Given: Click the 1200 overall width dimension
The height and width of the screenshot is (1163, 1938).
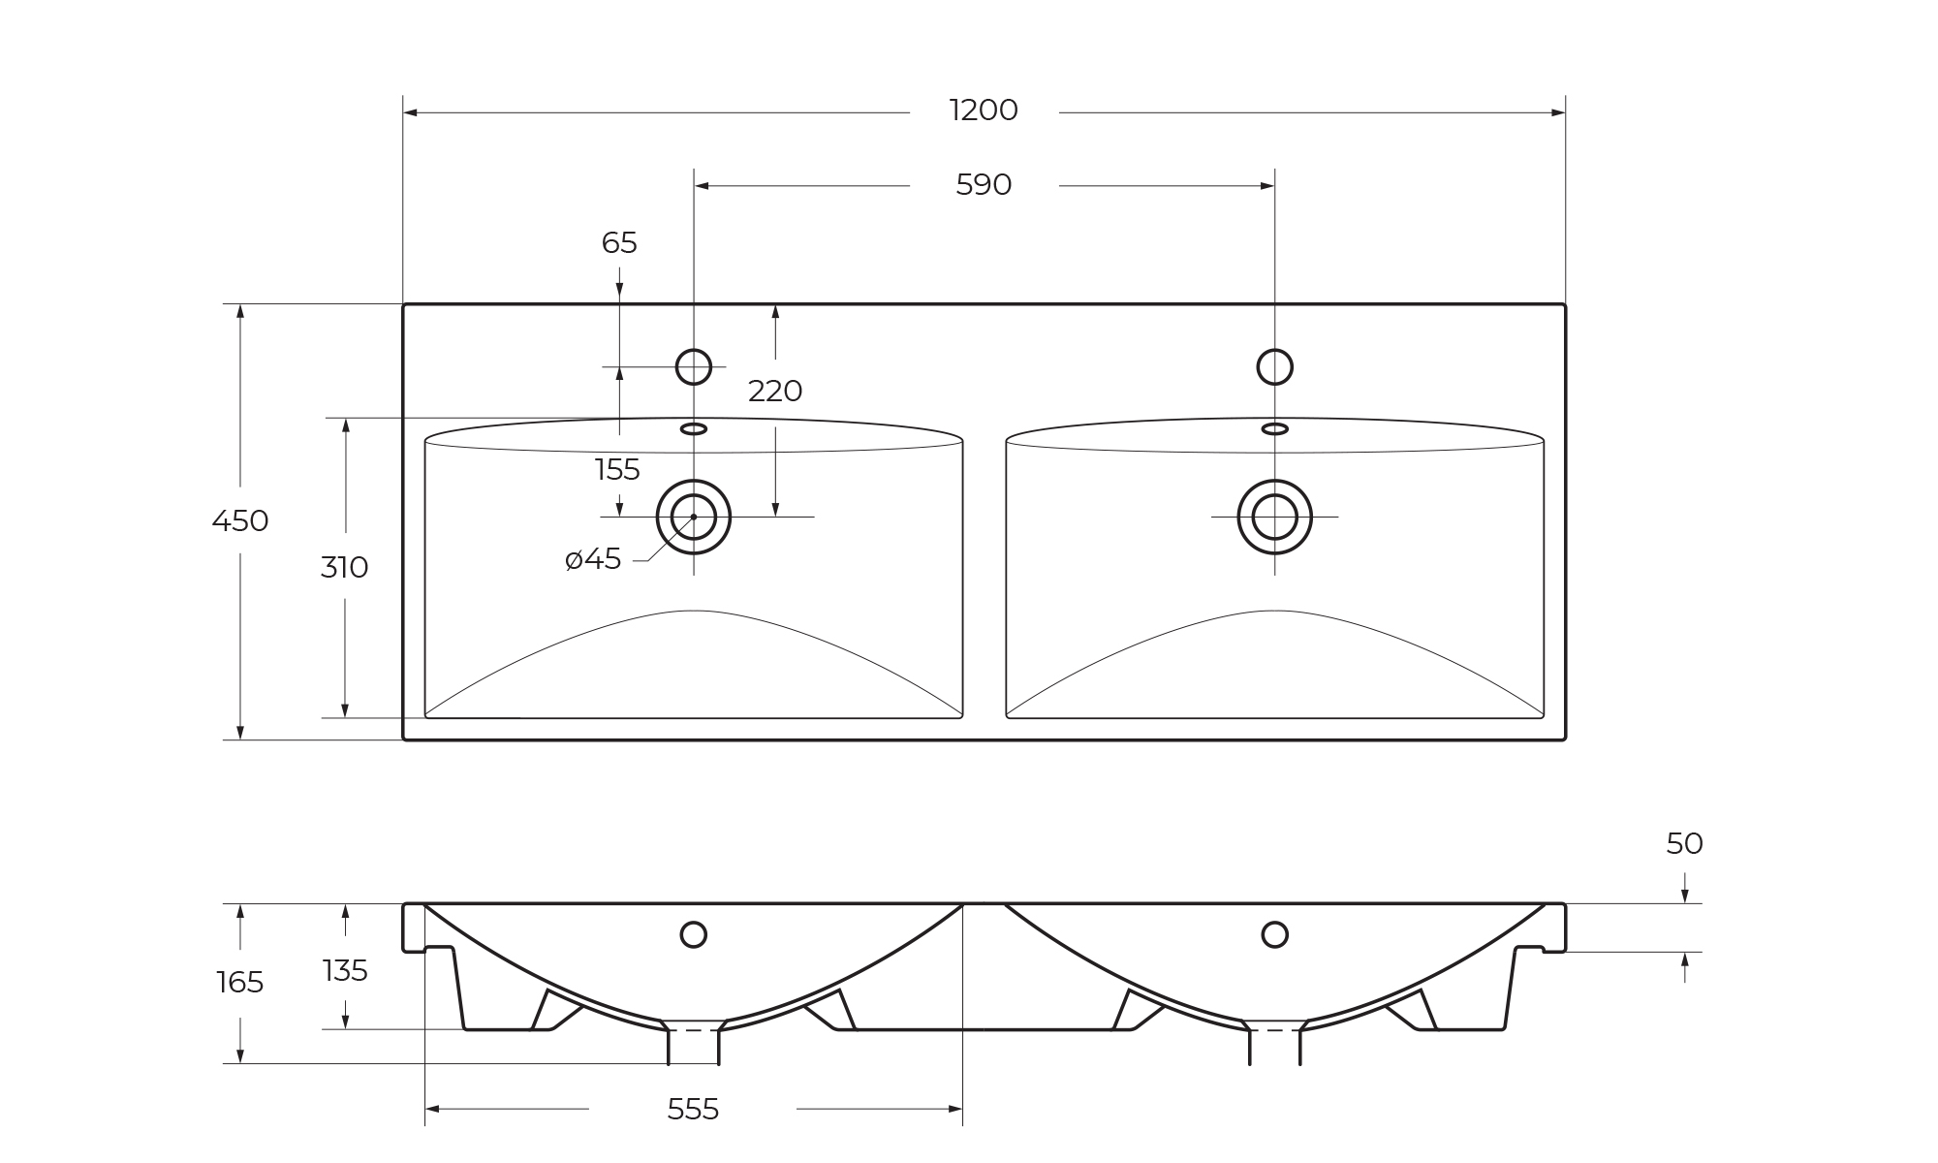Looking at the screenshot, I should pyautogui.click(x=984, y=110).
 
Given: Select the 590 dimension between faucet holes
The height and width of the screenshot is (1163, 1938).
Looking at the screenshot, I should pyautogui.click(x=984, y=184).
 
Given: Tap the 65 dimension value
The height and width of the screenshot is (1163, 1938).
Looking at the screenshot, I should pyautogui.click(x=619, y=243).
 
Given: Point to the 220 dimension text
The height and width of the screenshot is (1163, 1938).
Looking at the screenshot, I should pyautogui.click(x=775, y=392).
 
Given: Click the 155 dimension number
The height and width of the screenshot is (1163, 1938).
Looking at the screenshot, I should pyautogui.click(x=617, y=470).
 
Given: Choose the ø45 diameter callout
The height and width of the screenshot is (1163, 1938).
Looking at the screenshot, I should pyautogui.click(x=593, y=559).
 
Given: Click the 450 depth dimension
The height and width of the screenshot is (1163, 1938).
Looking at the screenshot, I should pyautogui.click(x=240, y=521).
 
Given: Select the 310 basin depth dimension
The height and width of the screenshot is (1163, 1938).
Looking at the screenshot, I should pyautogui.click(x=344, y=568).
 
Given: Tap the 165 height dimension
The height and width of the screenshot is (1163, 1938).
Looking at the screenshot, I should pyautogui.click(x=240, y=983).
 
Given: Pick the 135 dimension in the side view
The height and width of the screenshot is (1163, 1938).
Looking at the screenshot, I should pyautogui.click(x=345, y=970).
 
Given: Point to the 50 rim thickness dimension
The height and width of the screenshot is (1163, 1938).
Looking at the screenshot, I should pyautogui.click(x=1684, y=844).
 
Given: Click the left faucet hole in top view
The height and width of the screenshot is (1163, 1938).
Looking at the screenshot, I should pyautogui.click(x=694, y=367).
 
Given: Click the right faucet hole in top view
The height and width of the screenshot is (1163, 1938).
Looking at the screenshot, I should pyautogui.click(x=1274, y=367).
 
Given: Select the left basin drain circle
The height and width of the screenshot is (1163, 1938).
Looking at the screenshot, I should pyautogui.click(x=694, y=517).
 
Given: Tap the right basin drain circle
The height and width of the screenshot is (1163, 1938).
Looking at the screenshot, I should pyautogui.click(x=1274, y=517).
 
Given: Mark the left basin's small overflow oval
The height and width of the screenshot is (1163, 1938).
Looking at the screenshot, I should pyautogui.click(x=694, y=428).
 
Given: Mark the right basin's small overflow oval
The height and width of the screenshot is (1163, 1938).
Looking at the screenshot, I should pyautogui.click(x=1274, y=428).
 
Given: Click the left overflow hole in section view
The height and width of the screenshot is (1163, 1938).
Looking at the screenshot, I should pyautogui.click(x=694, y=934).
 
